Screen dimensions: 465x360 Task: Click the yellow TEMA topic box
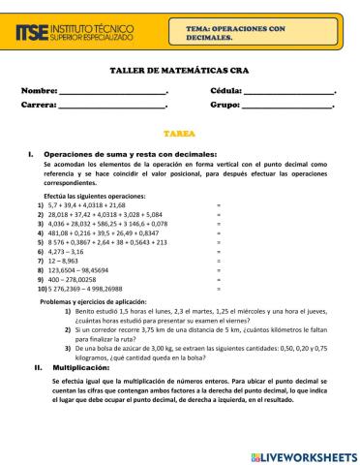256,35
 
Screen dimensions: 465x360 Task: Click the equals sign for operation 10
219,289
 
